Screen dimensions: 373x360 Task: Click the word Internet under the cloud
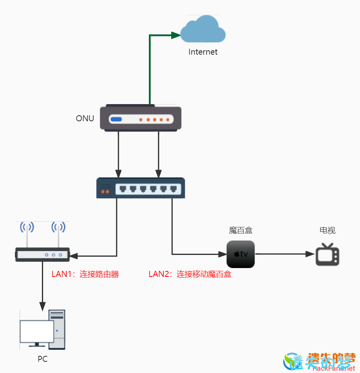tap(203, 52)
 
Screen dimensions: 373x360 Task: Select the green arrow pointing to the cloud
tap(150, 68)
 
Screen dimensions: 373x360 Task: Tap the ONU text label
tap(85, 118)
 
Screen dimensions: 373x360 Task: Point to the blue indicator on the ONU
tap(116, 119)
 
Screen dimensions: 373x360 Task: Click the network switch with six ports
tap(140, 188)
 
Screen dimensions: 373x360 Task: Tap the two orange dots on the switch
tap(105, 192)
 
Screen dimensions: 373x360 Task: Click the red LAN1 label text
tap(85, 274)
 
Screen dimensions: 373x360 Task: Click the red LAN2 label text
tap(190, 274)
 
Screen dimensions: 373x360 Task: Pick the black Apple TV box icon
tap(241, 254)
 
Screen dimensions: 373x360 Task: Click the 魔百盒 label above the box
tap(241, 231)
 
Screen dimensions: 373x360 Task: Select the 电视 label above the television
tap(328, 231)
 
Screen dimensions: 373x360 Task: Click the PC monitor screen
tap(37, 332)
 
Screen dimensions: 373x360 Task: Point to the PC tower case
tap(57, 329)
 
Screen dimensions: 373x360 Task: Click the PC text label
tap(43, 359)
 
